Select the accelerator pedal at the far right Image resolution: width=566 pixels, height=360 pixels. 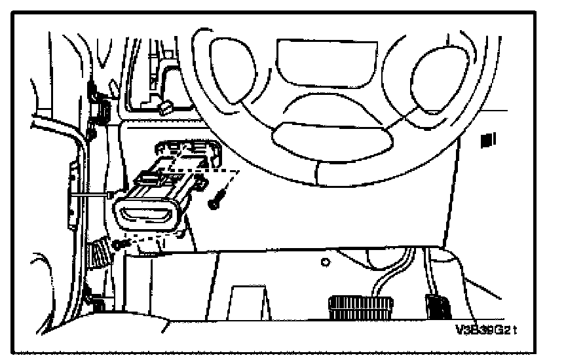point(437,305)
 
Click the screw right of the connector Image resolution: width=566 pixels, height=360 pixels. point(217,199)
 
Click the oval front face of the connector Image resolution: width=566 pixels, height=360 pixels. point(146,214)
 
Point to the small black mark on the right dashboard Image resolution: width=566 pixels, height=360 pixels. point(487,139)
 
